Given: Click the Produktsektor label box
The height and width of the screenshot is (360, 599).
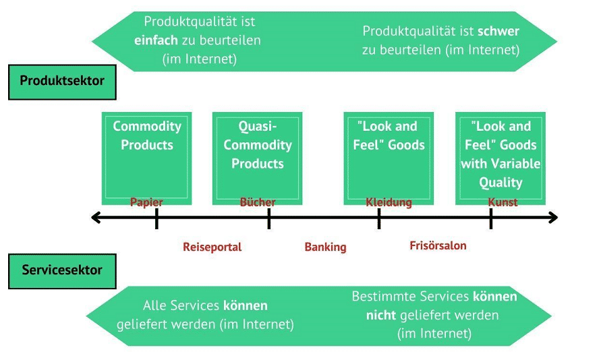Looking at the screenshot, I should tap(62, 82).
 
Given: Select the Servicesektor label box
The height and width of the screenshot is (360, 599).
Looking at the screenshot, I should tap(62, 271).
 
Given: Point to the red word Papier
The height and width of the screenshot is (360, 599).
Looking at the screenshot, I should tap(147, 202).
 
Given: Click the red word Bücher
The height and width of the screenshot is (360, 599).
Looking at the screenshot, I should tap(258, 202).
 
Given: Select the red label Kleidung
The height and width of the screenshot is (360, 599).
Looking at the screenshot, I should tap(389, 202).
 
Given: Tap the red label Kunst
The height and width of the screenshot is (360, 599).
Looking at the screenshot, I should tap(503, 202).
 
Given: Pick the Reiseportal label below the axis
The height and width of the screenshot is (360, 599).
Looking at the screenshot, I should tap(212, 247).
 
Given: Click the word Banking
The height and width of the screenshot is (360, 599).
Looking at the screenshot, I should tap(325, 247).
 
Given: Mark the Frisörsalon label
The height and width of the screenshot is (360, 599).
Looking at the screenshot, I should tap(438, 245).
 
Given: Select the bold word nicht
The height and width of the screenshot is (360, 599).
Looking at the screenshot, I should tap(381, 316).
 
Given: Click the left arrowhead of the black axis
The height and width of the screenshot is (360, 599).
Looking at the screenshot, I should tap(96, 217).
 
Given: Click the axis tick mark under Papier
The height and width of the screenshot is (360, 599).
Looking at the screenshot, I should tap(156, 218).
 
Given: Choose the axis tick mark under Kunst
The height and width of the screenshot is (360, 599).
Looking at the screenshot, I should tap(491, 218).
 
